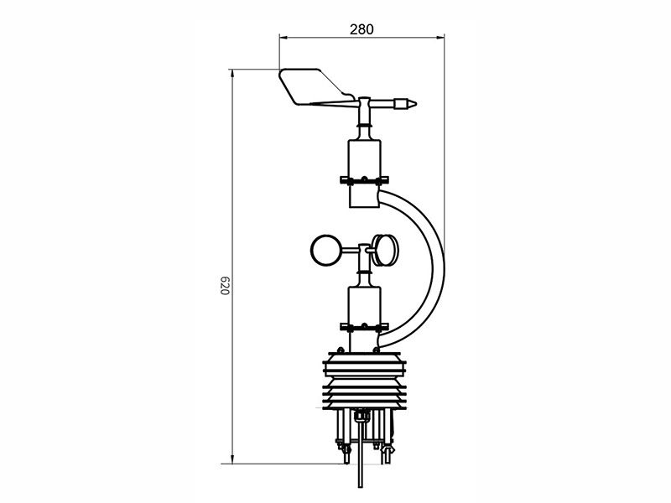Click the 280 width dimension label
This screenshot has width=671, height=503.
coord(362,29)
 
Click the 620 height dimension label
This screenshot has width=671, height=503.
coord(226,285)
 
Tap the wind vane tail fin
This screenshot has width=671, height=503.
coord(312,86)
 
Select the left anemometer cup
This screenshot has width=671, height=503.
coord(327,250)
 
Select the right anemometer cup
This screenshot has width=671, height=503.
coord(385,250)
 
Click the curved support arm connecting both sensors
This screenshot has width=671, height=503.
coord(434,267)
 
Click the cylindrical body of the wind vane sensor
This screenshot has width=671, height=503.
coord(364,174)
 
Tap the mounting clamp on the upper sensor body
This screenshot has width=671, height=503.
coord(364,180)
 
